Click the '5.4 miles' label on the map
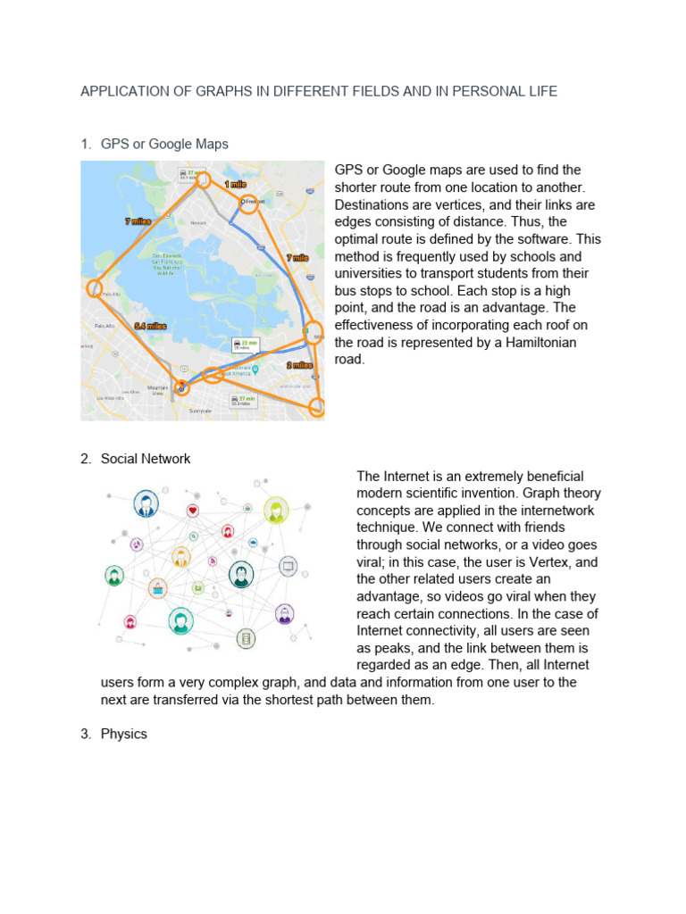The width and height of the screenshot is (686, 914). pos(150,327)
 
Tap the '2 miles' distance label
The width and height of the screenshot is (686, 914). pos(299,365)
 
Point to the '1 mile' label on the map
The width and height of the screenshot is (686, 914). pos(235,183)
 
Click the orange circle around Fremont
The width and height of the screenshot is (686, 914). pos(249,204)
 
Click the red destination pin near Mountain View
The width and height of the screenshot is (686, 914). pos(181,388)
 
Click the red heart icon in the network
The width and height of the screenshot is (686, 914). pos(193,511)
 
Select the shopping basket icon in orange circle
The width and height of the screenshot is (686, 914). pos(157,587)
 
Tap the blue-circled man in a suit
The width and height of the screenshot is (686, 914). pos(145,504)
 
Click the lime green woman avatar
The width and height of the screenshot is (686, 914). pos(276,511)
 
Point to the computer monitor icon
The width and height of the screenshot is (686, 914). pos(288,565)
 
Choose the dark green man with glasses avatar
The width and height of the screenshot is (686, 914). pos(240,574)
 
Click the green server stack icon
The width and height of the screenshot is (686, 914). pos(246,638)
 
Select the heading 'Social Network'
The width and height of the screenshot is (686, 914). pos(146,459)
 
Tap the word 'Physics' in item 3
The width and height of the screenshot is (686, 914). pos(124,734)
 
